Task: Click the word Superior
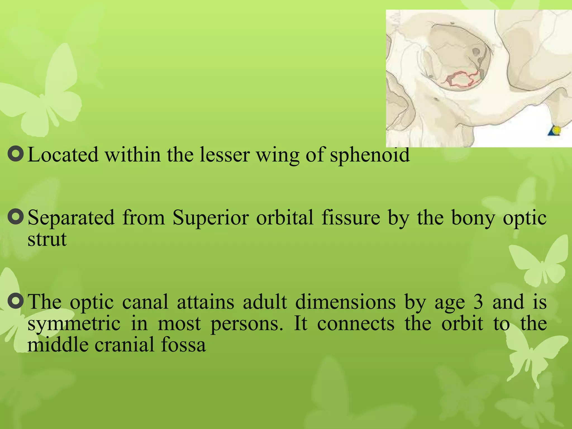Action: pyautogui.click(x=211, y=218)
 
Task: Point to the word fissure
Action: pyautogui.click(x=351, y=218)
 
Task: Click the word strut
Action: pyautogui.click(x=47, y=239)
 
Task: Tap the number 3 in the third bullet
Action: pyautogui.click(x=478, y=302)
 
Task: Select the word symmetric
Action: pyautogui.click(x=74, y=324)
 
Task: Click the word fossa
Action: pyautogui.click(x=183, y=345)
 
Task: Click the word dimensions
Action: pyautogui.click(x=345, y=302)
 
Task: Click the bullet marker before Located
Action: pyautogui.click(x=16, y=154)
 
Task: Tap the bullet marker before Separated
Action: pyautogui.click(x=16, y=217)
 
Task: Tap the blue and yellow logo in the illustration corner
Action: pyautogui.click(x=554, y=131)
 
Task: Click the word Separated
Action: pyautogui.click(x=71, y=218)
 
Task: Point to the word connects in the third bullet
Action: pyautogui.click(x=356, y=324)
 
